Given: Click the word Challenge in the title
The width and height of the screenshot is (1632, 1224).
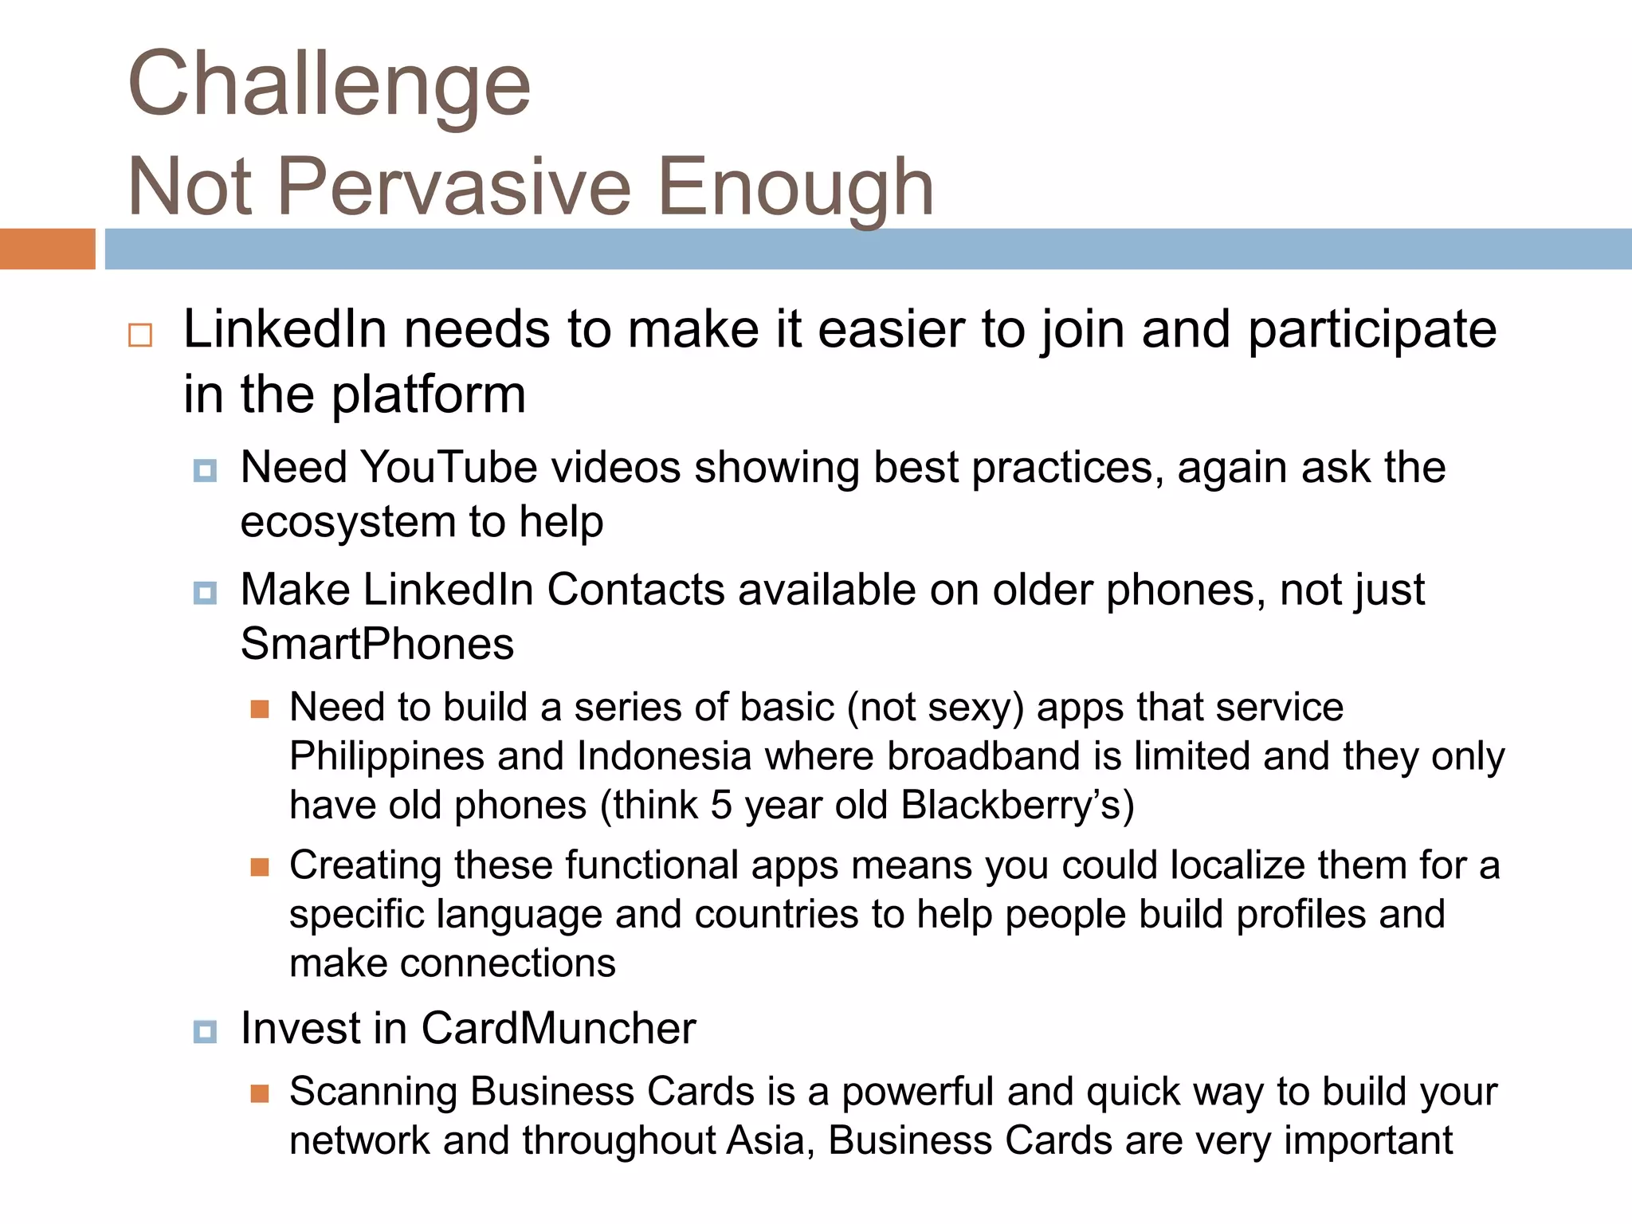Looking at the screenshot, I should [x=328, y=84].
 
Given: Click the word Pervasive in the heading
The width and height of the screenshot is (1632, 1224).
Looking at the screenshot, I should [x=454, y=187].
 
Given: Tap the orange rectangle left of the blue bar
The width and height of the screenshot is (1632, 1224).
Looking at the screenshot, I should [x=47, y=249].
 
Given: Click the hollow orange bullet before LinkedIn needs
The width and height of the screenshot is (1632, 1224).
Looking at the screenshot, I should [x=140, y=335].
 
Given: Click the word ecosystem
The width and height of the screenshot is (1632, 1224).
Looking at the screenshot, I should [x=347, y=522].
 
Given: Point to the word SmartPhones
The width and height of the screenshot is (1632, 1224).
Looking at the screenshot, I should [x=377, y=644].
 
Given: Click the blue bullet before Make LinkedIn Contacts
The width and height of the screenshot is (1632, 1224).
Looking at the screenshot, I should [x=205, y=593].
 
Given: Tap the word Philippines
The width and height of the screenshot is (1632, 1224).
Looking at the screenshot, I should [x=386, y=756].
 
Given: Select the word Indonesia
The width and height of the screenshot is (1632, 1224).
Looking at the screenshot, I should [x=664, y=756].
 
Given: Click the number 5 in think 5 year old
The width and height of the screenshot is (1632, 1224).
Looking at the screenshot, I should [x=721, y=805].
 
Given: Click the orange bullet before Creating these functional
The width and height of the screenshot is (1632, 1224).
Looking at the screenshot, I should [x=260, y=867].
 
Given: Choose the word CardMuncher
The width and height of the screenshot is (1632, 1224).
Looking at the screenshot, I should [x=558, y=1028].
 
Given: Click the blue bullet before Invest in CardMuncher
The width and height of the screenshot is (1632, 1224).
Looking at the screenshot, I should [x=205, y=1031].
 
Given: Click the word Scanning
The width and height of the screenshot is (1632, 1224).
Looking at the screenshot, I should [x=373, y=1092].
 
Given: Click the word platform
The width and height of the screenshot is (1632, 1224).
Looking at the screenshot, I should [x=429, y=395].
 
